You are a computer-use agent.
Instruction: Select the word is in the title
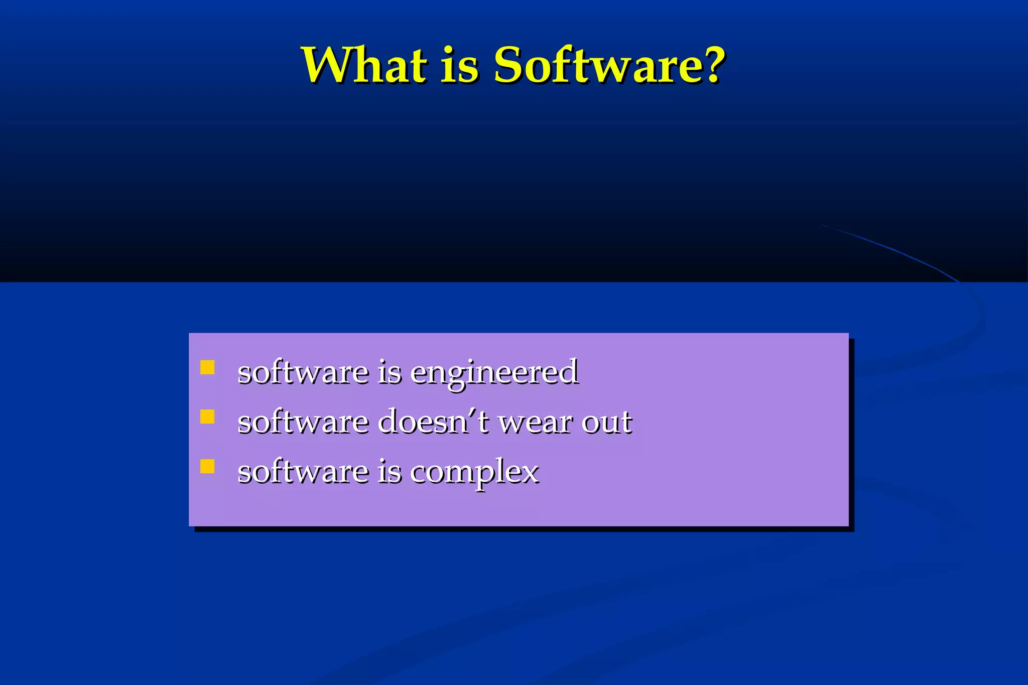[459, 66]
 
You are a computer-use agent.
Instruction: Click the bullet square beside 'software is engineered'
[207, 367]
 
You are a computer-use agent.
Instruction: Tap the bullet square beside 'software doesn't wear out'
[207, 417]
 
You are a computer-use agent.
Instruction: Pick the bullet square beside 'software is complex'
[207, 466]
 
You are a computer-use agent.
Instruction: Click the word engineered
[494, 373]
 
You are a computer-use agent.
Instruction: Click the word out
[606, 423]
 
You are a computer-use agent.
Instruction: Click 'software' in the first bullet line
[303, 372]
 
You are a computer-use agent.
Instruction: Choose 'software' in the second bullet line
[303, 422]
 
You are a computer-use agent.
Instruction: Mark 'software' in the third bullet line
[303, 472]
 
